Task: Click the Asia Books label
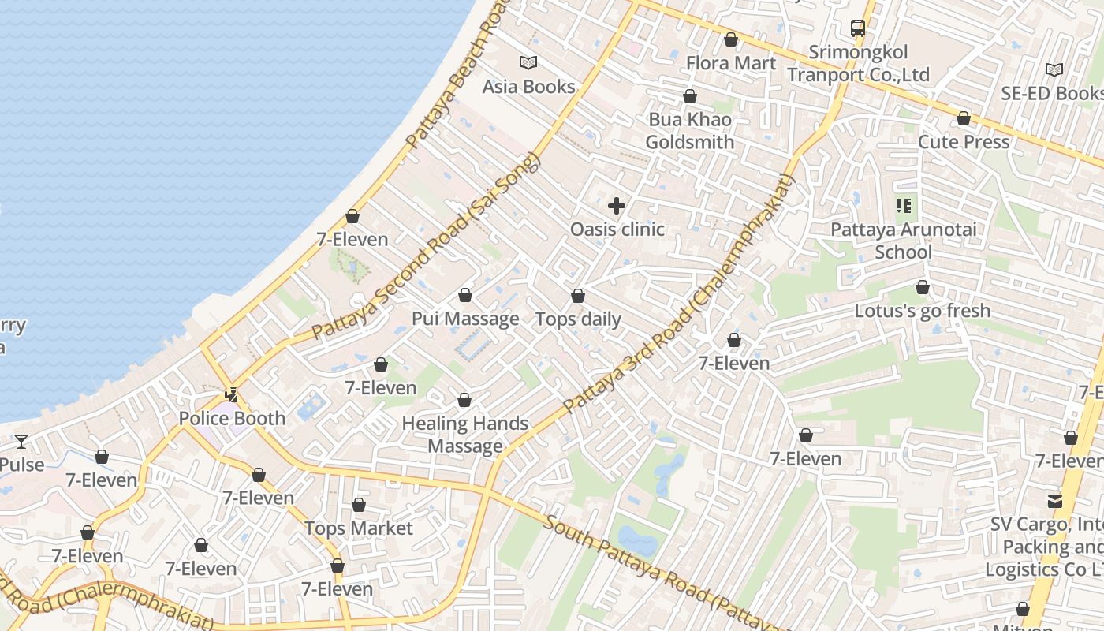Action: point(528,86)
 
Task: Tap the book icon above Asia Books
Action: point(528,62)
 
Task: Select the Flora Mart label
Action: point(731,62)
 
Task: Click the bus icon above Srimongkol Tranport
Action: point(858,28)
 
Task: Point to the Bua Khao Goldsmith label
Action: point(690,131)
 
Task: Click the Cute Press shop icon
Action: point(964,118)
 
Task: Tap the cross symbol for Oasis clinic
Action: point(617,207)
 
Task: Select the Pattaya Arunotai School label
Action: point(904,241)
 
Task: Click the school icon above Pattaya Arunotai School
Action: point(904,207)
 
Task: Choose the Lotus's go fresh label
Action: point(922,311)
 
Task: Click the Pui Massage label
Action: point(465,319)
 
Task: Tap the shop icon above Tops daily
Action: point(578,296)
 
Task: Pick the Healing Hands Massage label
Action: point(465,435)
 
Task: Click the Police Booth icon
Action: point(232,394)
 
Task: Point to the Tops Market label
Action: point(359,528)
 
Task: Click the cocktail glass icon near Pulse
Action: point(21,442)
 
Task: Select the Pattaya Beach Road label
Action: point(454,79)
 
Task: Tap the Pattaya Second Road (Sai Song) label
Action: point(426,246)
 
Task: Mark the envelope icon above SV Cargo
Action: point(1055,501)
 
